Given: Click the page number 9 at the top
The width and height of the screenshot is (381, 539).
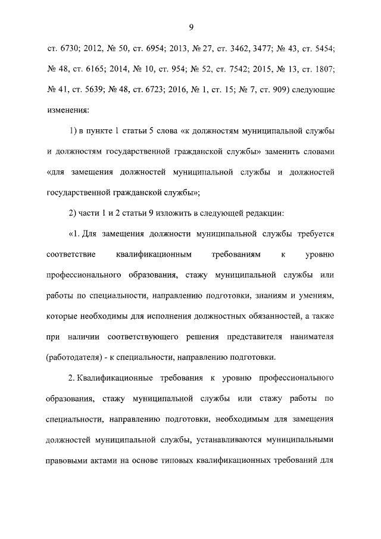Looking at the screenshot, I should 191,26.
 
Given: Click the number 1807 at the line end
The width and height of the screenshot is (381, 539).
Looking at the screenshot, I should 324,68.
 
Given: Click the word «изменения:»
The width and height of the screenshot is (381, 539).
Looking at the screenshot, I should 67,110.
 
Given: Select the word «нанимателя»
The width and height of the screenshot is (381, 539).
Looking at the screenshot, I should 311,337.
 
